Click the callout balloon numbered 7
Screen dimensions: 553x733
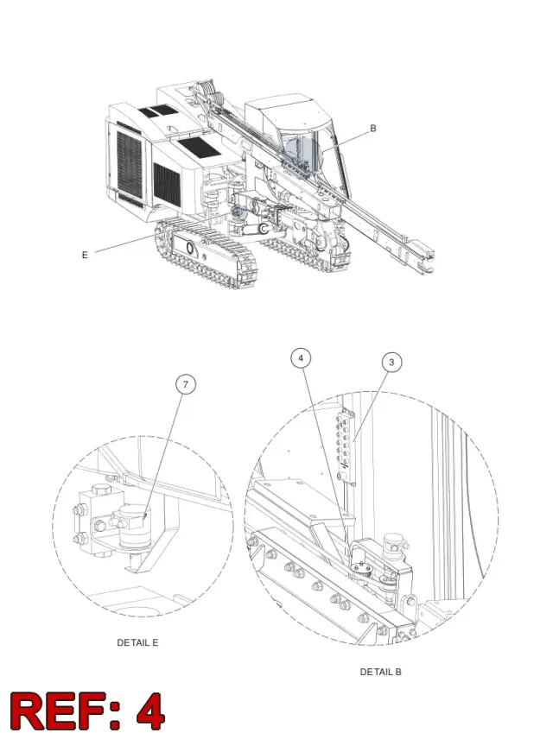186,385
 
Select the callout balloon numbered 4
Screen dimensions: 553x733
301,358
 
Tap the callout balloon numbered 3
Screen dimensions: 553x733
391,363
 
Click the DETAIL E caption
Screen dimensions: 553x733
137,642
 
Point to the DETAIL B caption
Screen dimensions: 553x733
380,672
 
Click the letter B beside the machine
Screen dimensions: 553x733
373,128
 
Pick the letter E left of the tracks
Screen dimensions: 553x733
85,255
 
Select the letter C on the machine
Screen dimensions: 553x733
264,229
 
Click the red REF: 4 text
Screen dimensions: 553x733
87,711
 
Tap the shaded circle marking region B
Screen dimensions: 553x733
302,154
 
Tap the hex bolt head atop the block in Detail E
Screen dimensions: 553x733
100,489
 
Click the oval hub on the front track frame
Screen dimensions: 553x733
189,247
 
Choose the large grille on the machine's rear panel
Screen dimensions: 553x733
129,164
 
